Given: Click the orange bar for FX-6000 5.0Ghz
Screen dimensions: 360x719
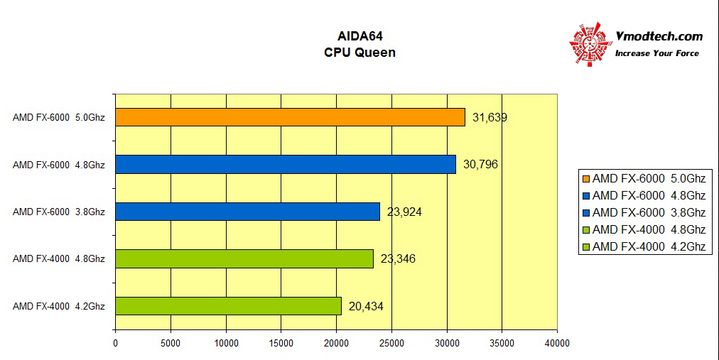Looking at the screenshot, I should (290, 117).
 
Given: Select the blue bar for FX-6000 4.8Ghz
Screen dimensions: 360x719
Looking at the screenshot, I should (285, 165).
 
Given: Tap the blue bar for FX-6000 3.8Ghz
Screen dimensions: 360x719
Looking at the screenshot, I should (247, 212).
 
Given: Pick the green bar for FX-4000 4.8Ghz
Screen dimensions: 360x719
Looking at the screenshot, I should (244, 258).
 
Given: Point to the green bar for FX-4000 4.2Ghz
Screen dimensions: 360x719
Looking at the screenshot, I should (228, 305).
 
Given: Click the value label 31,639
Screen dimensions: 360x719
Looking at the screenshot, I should (490, 118).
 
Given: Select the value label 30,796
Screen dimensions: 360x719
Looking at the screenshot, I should (480, 165).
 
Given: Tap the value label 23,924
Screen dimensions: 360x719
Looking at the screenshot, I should (404, 212).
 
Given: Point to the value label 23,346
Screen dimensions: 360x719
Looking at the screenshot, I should (398, 258).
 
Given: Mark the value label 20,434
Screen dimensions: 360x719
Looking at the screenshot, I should (367, 306).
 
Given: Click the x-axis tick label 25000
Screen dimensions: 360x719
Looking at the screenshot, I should (391, 343).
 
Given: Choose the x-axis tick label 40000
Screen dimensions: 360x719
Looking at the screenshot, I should (557, 343).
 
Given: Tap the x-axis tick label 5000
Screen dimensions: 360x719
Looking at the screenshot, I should (171, 343).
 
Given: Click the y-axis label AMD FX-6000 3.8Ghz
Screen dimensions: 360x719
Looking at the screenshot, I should (59, 212).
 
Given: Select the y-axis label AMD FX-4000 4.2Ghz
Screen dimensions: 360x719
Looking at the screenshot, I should (59, 306).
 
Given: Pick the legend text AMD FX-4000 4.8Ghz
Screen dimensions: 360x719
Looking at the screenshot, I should (649, 229).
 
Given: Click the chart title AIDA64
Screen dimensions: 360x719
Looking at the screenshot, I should (359, 36).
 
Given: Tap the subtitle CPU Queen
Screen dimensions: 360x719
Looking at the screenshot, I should (359, 52).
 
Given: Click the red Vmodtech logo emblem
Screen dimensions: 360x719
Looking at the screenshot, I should (590, 44).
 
